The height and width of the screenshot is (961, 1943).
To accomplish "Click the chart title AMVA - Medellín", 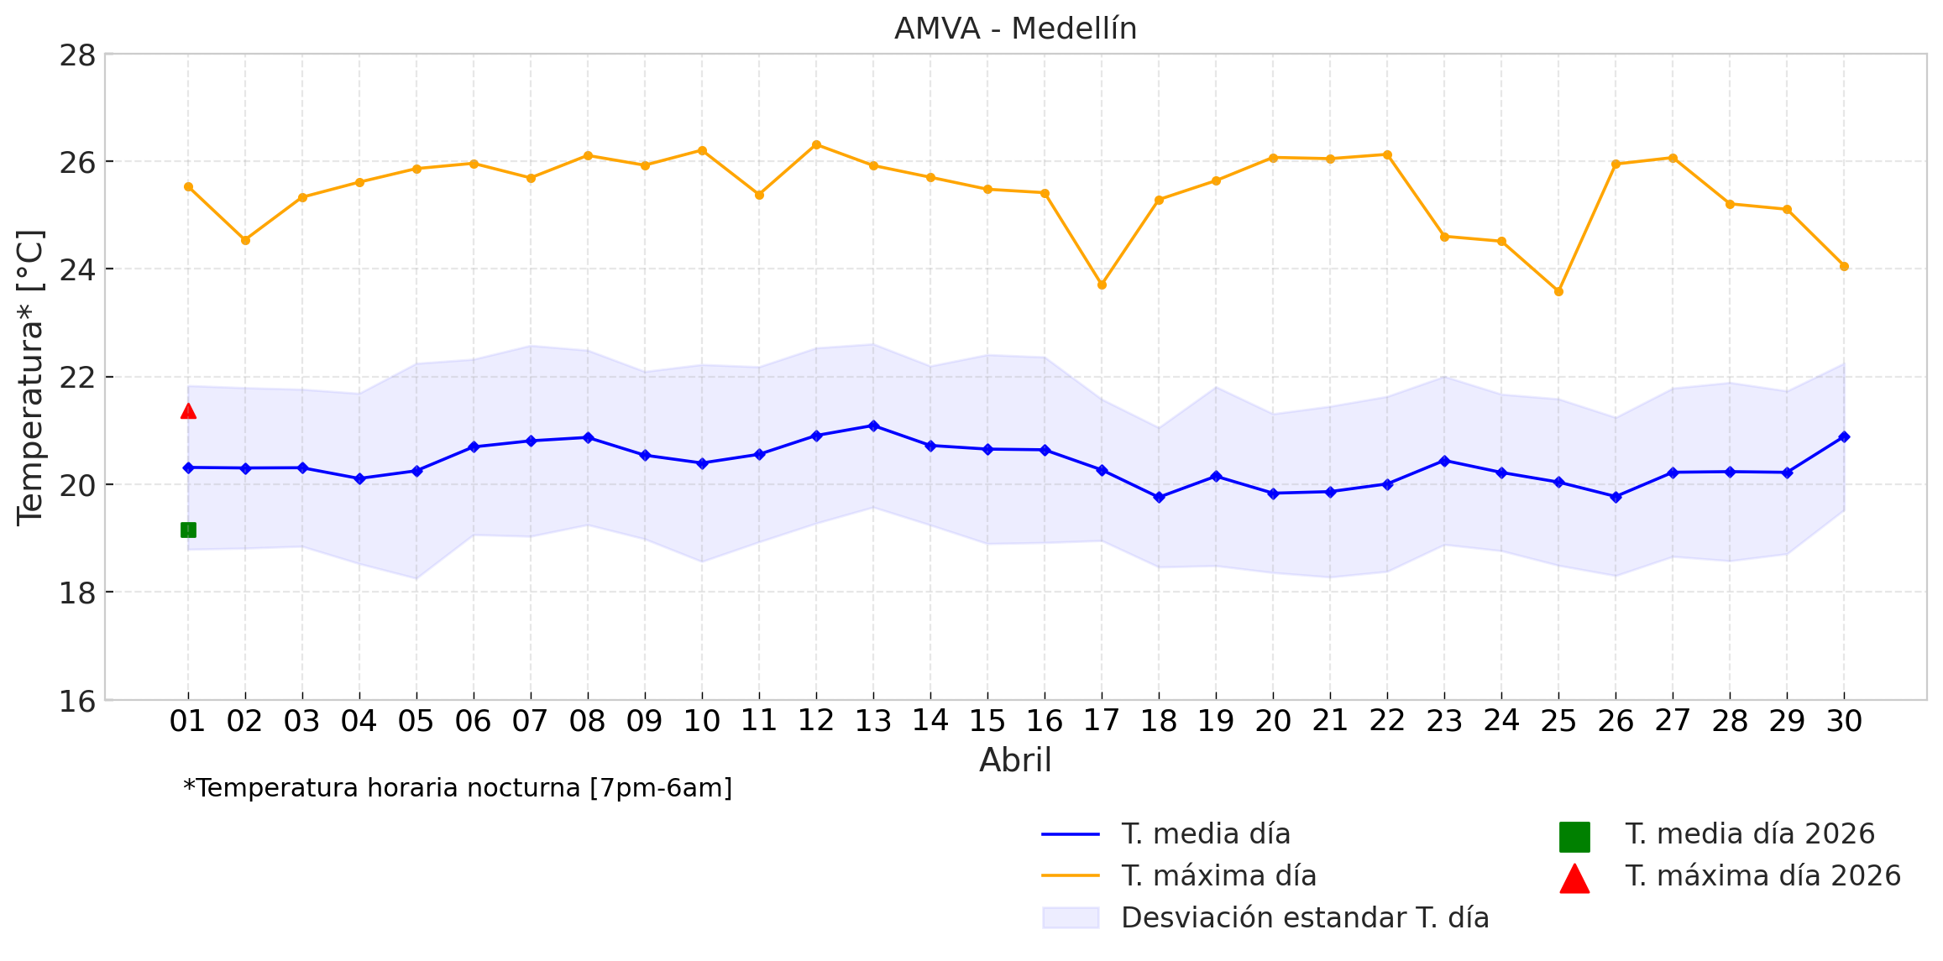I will coord(1015,29).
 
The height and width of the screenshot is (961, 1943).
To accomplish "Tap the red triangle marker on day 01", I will coord(188,411).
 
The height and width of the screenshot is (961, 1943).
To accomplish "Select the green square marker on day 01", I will coord(188,530).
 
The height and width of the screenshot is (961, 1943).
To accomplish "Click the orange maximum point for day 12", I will coord(816,144).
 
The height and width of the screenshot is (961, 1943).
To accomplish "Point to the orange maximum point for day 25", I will coord(1558,292).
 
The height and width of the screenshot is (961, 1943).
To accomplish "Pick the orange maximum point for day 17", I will coord(1102,285).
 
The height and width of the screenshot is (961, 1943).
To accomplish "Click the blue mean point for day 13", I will coord(873,426).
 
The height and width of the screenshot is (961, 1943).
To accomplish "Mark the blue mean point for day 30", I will coord(1844,436).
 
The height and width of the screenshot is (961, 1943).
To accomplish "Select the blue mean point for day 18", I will coord(1159,497).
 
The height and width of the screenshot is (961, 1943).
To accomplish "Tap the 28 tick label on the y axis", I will coord(77,56).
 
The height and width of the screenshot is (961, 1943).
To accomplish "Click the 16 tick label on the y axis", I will coord(77,701).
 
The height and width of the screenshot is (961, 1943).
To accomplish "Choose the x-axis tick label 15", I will coord(987,721).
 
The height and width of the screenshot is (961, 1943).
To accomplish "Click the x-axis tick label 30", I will coord(1844,721).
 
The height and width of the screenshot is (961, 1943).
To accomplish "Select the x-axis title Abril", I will coord(1015,760).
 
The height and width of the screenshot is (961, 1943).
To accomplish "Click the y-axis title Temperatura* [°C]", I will coord(30,378).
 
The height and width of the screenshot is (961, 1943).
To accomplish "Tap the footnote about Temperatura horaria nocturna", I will coord(458,788).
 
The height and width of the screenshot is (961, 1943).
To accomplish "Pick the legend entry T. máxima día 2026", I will coord(1762,876).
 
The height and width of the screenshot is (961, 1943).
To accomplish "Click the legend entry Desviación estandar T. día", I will coord(1305,918).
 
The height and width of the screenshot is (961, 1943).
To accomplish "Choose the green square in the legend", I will coord(1574,837).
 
